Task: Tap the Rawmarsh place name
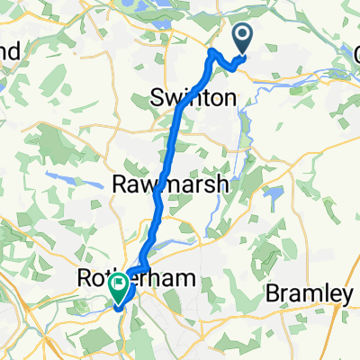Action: [x=172, y=185]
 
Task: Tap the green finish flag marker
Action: [x=119, y=287]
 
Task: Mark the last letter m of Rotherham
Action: [x=186, y=282]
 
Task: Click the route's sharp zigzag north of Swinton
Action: [x=214, y=57]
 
